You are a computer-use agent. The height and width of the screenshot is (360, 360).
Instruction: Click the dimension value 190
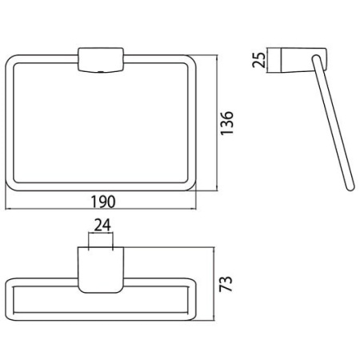103,202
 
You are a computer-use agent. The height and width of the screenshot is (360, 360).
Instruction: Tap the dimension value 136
227,123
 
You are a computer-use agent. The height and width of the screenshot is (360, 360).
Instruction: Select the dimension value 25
259,60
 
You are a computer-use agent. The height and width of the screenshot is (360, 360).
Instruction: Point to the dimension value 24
102,226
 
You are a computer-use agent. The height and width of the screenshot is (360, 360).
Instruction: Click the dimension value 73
226,284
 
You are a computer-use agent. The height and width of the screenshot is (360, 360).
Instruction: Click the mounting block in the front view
101,60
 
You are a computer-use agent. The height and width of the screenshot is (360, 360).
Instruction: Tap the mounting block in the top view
101,270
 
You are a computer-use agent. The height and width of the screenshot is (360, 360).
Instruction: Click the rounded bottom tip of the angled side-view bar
350,187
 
